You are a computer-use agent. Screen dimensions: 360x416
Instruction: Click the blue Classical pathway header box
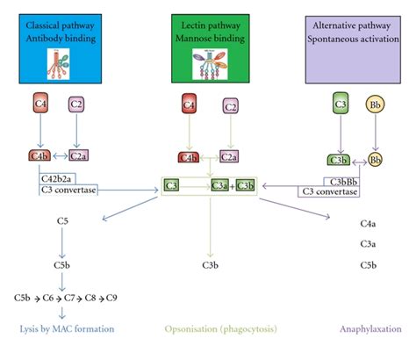(62, 44)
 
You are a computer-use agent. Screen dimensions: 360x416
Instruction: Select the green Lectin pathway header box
(209, 44)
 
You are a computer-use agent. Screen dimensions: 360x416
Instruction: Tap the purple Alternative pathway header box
(355, 44)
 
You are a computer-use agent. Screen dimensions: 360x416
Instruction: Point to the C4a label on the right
(369, 225)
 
